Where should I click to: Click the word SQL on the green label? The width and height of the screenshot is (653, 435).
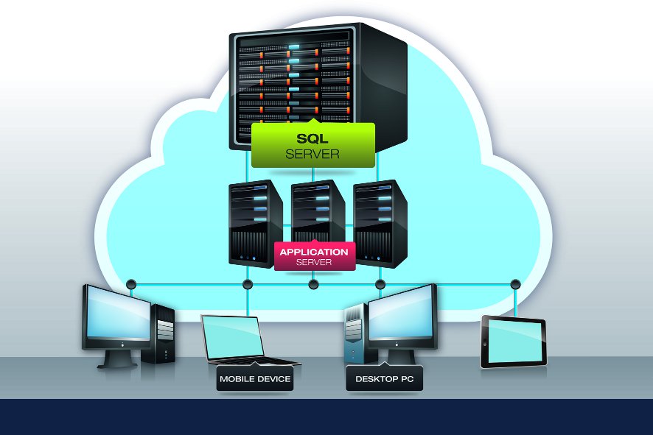pos(312,138)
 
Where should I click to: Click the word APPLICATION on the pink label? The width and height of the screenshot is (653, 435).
pos(314,252)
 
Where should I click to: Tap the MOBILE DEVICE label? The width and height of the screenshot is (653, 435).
pos(255,380)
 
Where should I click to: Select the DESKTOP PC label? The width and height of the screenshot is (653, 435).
pos(384,380)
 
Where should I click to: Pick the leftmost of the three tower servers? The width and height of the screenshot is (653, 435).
pos(254,221)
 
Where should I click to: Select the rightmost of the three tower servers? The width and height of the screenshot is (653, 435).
pos(380,221)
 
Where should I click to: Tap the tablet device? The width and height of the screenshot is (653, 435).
pos(513,342)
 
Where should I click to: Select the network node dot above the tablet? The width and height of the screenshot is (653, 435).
pos(515,284)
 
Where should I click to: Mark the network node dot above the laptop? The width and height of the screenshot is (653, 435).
pos(248,284)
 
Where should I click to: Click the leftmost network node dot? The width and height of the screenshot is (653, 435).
pos(131,284)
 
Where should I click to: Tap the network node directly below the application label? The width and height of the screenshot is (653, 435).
pos(313,284)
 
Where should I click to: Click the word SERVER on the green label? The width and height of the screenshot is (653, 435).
pos(312,154)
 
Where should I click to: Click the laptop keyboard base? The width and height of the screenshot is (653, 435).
pos(251,361)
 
